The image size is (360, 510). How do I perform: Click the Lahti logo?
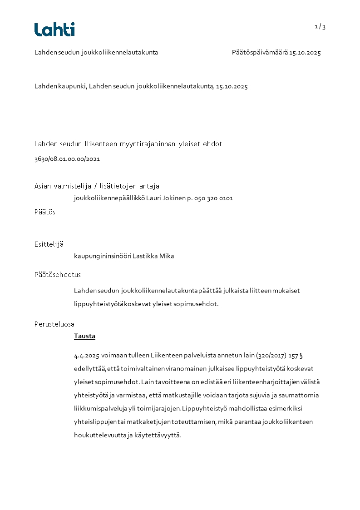click(x=54, y=30)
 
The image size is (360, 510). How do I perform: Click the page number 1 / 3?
click(x=320, y=27)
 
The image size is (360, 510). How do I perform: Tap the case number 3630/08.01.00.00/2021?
click(x=67, y=159)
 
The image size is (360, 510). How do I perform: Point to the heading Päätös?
click(x=45, y=212)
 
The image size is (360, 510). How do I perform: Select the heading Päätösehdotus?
click(x=58, y=275)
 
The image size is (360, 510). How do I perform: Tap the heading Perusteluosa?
click(x=54, y=324)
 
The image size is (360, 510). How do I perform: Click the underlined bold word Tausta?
click(x=84, y=337)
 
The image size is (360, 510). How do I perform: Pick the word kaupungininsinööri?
click(x=103, y=256)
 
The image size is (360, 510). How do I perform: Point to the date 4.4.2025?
click(x=87, y=355)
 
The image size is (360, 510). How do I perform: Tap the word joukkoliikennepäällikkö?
click(x=110, y=198)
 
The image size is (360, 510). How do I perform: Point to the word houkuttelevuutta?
click(x=98, y=435)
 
